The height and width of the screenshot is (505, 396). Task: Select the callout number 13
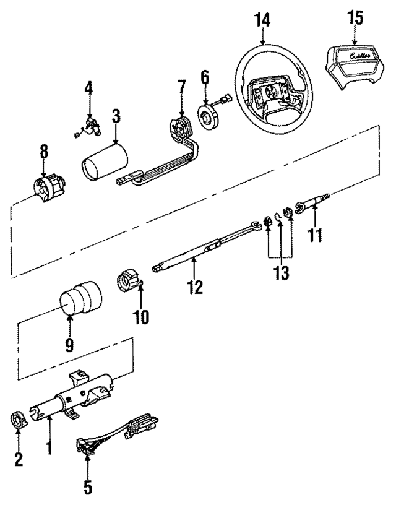click(x=282, y=272)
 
